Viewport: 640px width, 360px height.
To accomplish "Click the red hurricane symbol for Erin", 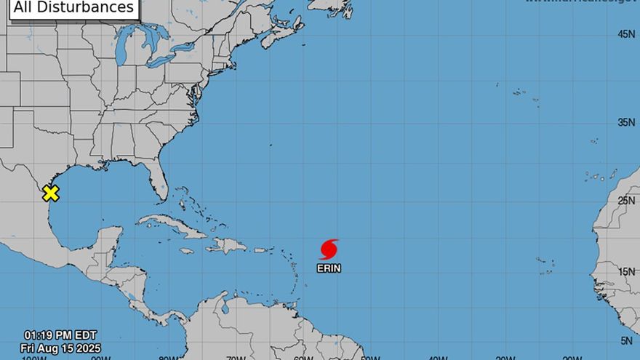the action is [x=329, y=249].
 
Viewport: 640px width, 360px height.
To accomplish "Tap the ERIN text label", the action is [x=329, y=268].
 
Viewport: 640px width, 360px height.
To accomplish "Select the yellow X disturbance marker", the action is [x=50, y=193].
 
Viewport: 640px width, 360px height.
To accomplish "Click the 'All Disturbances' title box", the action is [x=74, y=7].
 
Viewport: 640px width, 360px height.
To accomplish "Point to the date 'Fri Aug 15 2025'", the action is [x=60, y=348].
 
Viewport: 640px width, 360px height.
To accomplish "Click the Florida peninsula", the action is [x=158, y=182].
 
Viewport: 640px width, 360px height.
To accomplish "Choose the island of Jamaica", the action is [x=187, y=251].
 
